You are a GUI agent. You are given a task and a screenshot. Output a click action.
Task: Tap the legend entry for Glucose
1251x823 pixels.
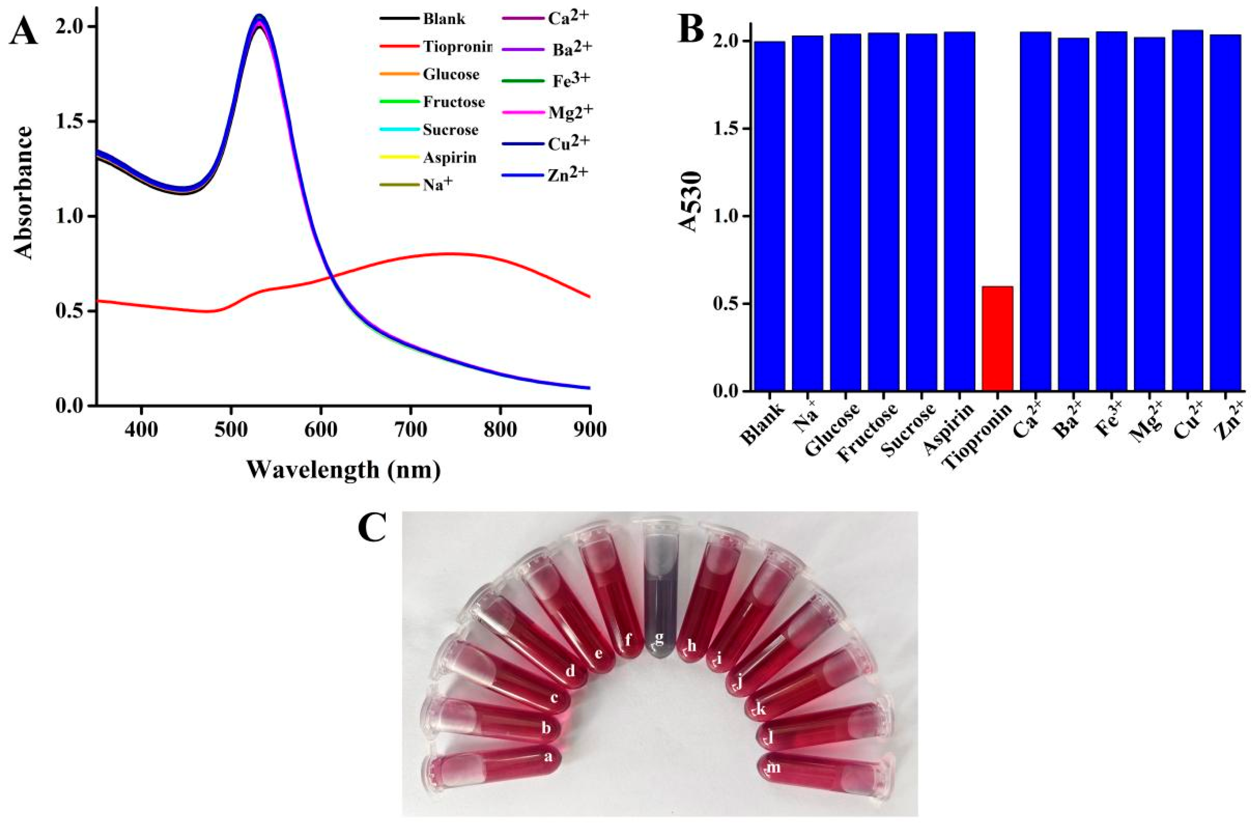click(450, 74)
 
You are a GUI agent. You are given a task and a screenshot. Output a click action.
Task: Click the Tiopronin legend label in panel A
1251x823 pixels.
click(456, 47)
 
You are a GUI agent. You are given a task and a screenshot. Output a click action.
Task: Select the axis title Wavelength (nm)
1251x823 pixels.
click(343, 469)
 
